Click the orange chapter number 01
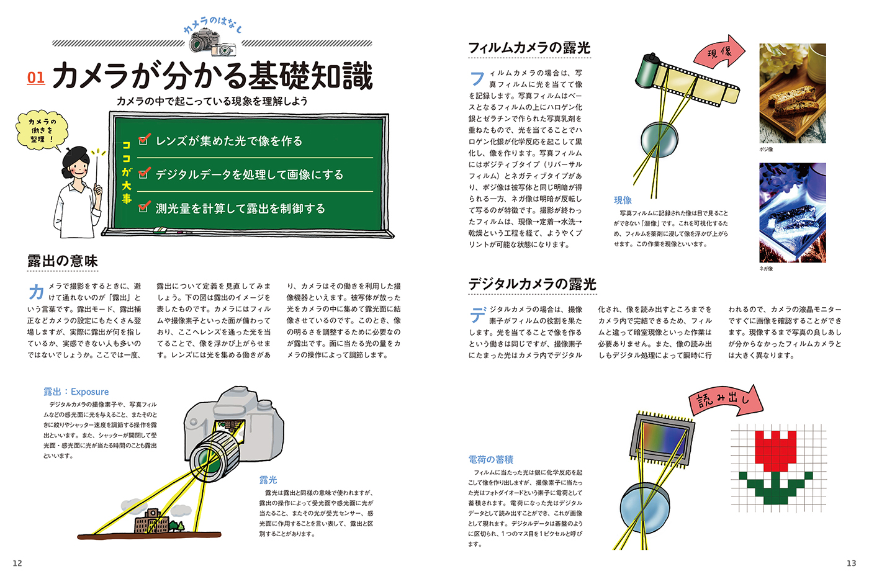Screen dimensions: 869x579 (x=36, y=78)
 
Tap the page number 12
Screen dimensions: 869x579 (x=17, y=563)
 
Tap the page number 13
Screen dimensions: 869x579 (x=851, y=563)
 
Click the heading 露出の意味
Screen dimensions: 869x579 (x=63, y=261)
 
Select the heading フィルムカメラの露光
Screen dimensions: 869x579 (x=529, y=48)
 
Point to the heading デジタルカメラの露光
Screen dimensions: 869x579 (x=533, y=284)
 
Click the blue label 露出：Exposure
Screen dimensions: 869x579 (x=76, y=392)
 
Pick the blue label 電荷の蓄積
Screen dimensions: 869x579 (x=491, y=460)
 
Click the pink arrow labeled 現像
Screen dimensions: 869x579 (x=719, y=52)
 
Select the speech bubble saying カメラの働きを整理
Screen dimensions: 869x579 (x=42, y=131)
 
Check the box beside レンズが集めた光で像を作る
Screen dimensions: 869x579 (x=143, y=140)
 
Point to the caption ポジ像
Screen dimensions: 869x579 (x=766, y=150)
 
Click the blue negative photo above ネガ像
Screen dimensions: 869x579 (x=793, y=212)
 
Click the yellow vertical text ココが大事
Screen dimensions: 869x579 (x=127, y=172)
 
